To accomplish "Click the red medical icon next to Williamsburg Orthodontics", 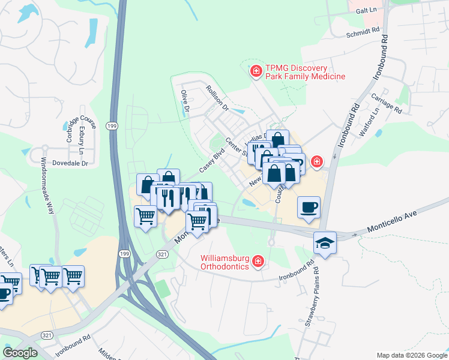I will pyautogui.click(x=258, y=261).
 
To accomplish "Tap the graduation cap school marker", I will pyautogui.click(x=325, y=242).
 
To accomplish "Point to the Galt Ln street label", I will pyautogui.click(x=364, y=11).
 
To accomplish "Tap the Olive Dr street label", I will pyautogui.click(x=185, y=101).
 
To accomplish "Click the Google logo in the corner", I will pyautogui.click(x=20, y=353).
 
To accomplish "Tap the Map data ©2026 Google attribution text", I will pyautogui.click(x=411, y=355).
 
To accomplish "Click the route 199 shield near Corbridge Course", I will pyautogui.click(x=112, y=125).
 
